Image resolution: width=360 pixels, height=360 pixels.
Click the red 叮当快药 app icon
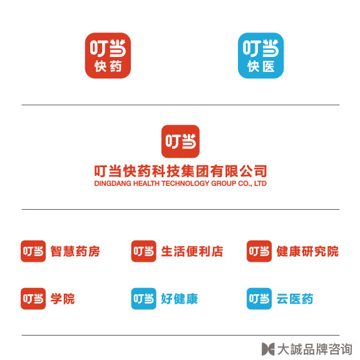pos(108,56)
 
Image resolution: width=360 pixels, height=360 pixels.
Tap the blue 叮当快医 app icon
pos(261,56)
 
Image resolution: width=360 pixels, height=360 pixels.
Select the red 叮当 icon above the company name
pos(180,141)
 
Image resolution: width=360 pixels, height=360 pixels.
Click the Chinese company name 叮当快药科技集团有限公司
pos(180,171)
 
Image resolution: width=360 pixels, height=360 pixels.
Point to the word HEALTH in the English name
pos(147,183)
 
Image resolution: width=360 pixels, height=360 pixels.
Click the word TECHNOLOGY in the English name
pos(185,183)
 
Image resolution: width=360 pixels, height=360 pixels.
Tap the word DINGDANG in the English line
pos(113,183)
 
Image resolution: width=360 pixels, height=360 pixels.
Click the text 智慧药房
pos(75,251)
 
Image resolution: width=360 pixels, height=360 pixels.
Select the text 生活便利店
pos(192,251)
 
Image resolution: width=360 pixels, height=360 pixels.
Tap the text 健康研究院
pos(307,251)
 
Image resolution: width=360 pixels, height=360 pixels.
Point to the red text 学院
pos(63,299)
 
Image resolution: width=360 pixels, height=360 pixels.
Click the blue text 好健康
pos(179,299)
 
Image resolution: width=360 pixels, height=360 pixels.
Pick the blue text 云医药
pos(295,299)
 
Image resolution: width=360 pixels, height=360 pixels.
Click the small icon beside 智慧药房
pos(33,251)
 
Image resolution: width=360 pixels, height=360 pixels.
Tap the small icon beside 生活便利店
pos(144,251)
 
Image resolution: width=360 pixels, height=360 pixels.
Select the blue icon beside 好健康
pos(144,299)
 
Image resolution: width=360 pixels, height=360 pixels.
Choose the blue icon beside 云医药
pos(259,299)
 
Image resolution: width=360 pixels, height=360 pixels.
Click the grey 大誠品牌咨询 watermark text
pos(314,349)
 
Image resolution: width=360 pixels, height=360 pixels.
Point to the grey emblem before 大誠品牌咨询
pos(268,349)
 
